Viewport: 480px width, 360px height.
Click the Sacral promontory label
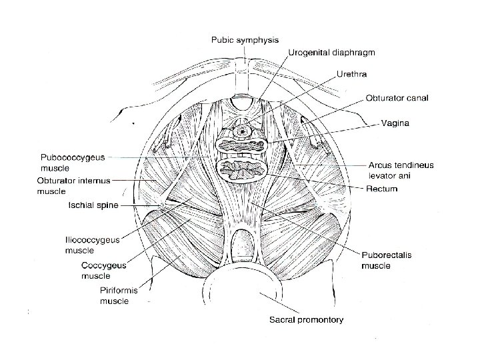pyautogui.click(x=307, y=320)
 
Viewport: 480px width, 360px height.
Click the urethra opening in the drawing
pyautogui.click(x=241, y=125)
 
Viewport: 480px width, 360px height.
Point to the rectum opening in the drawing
pyautogui.click(x=242, y=171)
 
